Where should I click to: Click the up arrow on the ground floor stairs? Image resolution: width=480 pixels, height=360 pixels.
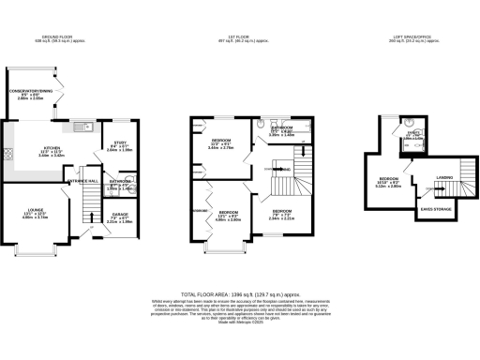point(92,228)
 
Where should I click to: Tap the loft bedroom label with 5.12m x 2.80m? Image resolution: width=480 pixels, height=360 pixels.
point(388,183)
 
